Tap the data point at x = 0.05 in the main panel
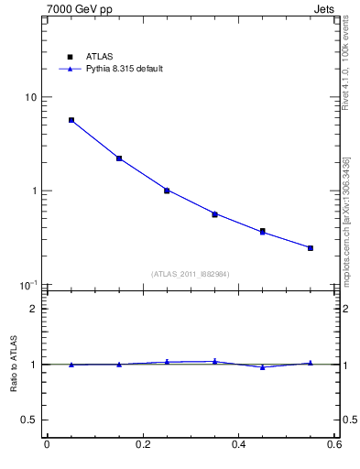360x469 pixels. [x=71, y=120]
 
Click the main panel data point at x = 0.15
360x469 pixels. [x=119, y=158]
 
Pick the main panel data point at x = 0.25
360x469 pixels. [x=167, y=191]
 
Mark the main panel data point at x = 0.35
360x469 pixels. [x=214, y=214]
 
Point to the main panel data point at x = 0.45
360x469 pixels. [x=263, y=232]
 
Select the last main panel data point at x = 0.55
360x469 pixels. [x=311, y=248]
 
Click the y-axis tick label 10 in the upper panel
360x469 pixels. [x=30, y=98]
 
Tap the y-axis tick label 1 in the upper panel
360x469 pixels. [x=34, y=191]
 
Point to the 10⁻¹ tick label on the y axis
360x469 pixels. [x=28, y=285]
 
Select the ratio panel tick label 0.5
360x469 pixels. [x=29, y=420]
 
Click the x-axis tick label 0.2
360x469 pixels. [x=142, y=445]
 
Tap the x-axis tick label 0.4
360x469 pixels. [x=238, y=445]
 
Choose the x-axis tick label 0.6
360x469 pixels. [x=333, y=445]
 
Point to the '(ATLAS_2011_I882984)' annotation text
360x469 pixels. [x=191, y=274]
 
